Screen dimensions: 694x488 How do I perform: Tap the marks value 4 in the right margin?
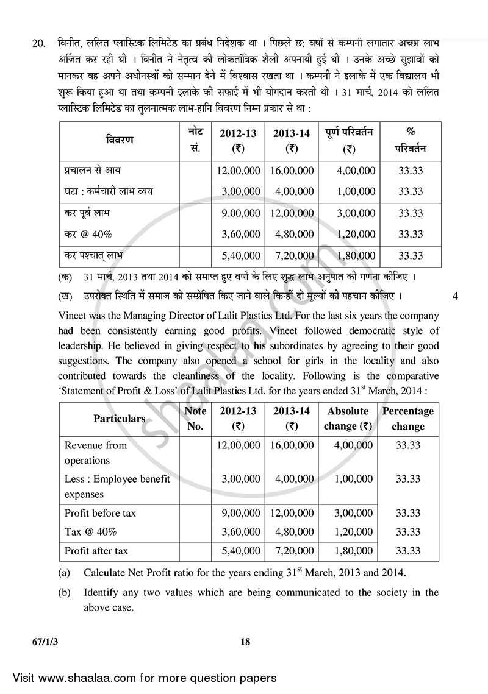coord(456,297)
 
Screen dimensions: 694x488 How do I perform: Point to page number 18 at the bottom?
coord(245,642)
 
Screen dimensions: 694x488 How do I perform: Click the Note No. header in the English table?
coord(195,419)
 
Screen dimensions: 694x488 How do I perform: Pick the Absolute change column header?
coord(348,419)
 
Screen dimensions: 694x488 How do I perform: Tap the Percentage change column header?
coord(407,419)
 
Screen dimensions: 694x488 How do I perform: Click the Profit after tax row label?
coord(96,551)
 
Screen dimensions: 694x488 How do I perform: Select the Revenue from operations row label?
coord(96,453)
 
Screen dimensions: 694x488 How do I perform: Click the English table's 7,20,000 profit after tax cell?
coord(290,551)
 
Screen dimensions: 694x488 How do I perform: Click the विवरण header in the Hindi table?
coord(119,140)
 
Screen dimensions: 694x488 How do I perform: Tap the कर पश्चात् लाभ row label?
coord(97,255)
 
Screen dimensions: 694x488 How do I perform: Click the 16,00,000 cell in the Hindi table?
coord(290,171)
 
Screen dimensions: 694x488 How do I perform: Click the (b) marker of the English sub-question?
coord(64,592)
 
